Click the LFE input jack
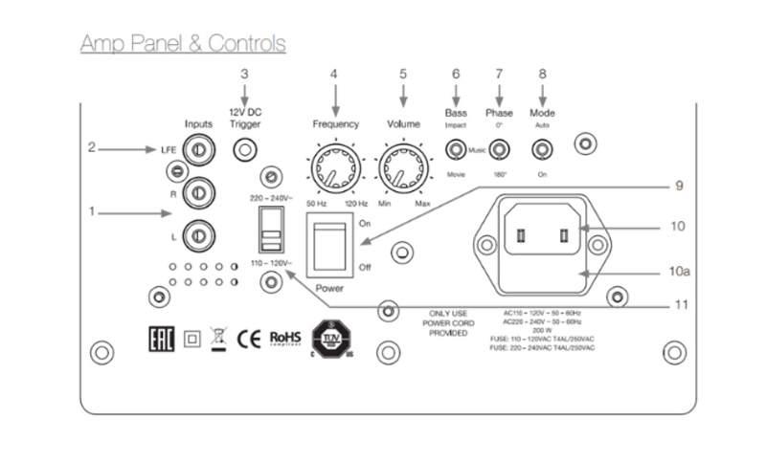pos(196,150)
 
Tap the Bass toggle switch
pos(456,149)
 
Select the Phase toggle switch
pos(499,149)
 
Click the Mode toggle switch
pos(543,149)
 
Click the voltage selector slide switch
pos(271,231)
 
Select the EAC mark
pos(161,340)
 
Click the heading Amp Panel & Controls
pos(183,43)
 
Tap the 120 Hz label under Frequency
pos(356,205)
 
